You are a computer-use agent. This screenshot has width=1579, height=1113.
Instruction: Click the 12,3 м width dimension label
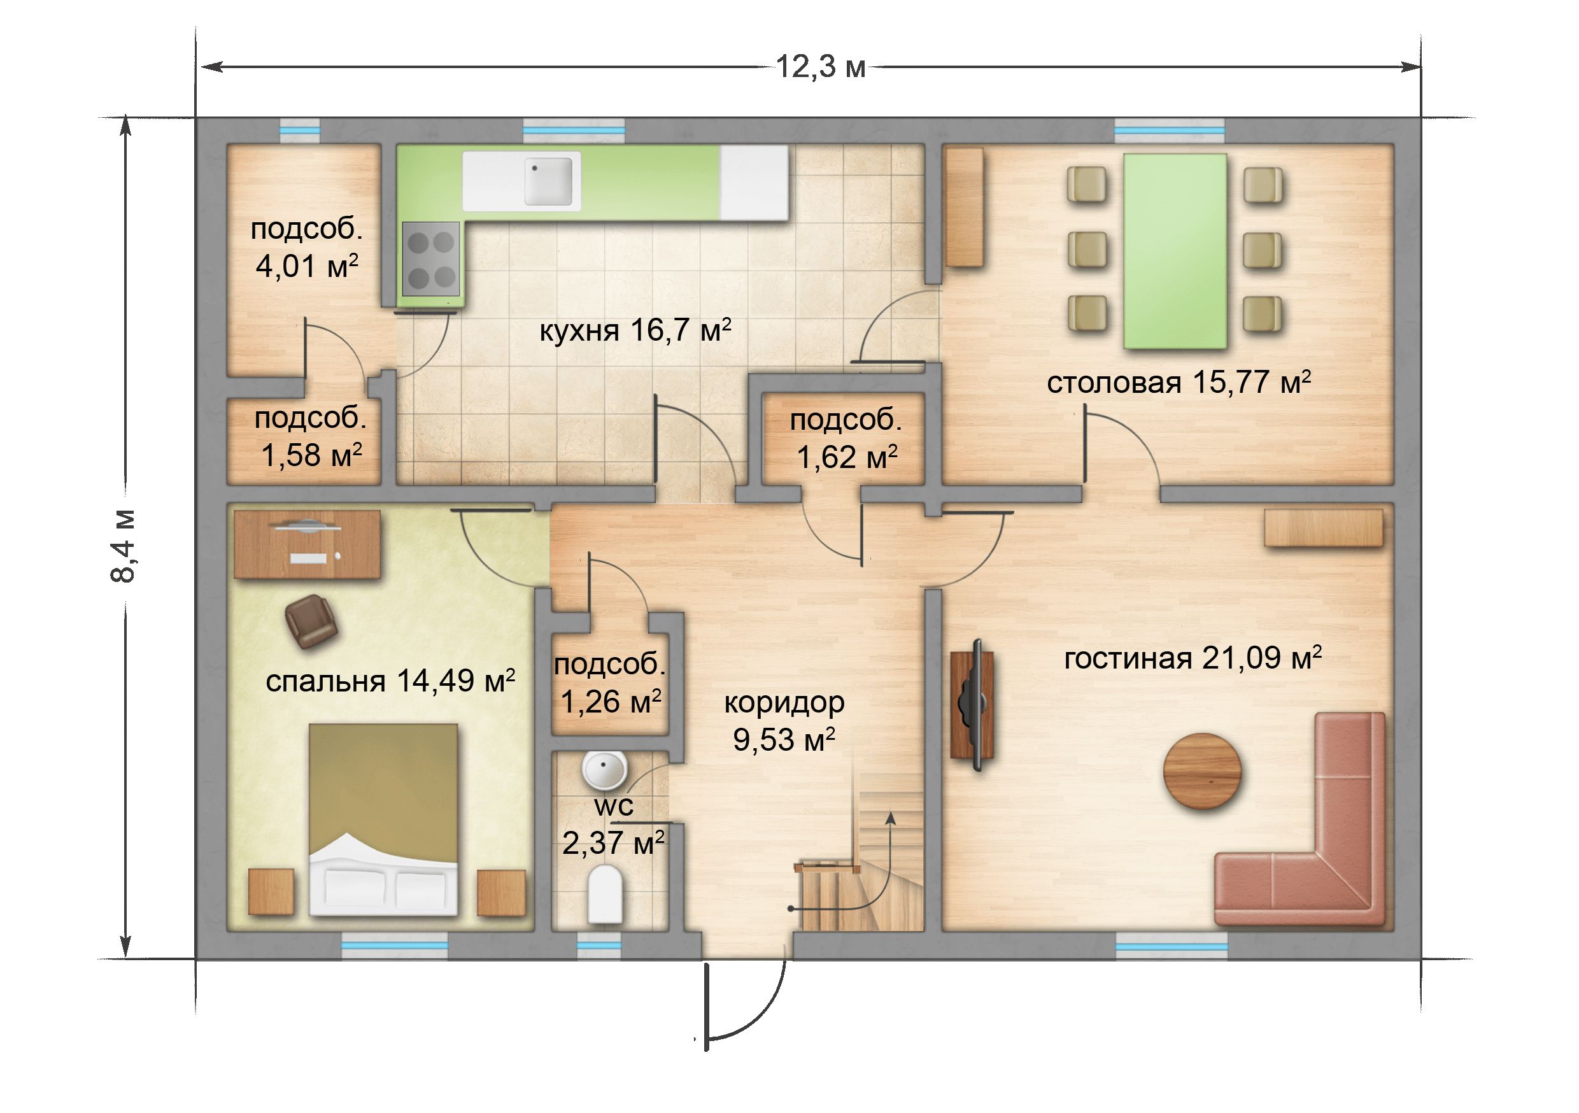coord(821,67)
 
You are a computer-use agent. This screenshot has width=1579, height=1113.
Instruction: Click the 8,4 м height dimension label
coord(124,546)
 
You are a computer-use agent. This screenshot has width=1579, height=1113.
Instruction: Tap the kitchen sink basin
coord(548,181)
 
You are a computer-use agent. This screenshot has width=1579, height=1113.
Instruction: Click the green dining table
coord(1175,251)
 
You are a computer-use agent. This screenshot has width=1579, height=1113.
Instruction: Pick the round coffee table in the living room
coord(1202,771)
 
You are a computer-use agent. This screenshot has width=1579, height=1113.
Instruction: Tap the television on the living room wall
coord(972,705)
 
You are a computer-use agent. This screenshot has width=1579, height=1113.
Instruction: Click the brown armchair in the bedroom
coord(311,621)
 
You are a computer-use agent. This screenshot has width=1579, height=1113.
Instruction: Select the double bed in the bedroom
coord(383,819)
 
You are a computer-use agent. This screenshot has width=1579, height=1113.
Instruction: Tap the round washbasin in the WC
coord(604,769)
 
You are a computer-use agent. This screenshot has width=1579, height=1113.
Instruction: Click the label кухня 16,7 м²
coord(635,330)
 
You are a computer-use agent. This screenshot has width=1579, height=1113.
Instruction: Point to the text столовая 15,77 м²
coord(1179,383)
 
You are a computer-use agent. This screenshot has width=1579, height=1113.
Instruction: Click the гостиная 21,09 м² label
coord(1193,658)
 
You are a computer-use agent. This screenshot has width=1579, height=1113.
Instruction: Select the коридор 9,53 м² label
coord(784,720)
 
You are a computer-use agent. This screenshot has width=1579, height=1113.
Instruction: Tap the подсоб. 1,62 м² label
coord(846,438)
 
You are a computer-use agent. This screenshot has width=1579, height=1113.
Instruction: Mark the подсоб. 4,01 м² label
coord(306,247)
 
